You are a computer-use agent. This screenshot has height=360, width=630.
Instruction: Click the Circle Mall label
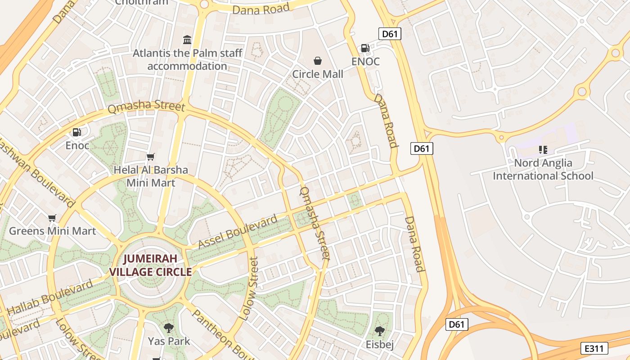click(x=318, y=74)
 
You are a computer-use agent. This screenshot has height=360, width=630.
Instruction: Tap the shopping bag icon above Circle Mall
click(x=318, y=61)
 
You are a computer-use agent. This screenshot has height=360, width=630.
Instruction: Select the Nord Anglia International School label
click(x=543, y=170)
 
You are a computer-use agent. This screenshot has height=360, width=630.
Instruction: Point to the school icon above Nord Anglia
click(x=543, y=150)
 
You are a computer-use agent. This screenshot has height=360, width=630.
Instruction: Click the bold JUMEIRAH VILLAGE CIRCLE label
click(x=151, y=265)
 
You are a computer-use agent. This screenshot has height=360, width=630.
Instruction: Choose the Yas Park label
click(x=169, y=341)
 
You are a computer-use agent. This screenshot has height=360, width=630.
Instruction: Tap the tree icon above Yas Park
click(x=169, y=328)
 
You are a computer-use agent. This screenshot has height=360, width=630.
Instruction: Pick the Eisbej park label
click(x=380, y=345)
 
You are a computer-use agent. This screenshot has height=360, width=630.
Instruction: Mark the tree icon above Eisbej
click(x=380, y=332)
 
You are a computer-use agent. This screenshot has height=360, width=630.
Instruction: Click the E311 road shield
click(x=594, y=348)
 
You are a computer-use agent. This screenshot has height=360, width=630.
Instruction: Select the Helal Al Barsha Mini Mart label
click(x=151, y=176)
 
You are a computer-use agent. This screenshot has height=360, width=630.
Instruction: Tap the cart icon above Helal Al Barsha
click(x=151, y=157)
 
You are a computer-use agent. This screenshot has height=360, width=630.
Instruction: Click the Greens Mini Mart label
click(x=53, y=231)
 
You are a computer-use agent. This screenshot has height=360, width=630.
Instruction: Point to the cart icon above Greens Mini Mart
click(x=52, y=218)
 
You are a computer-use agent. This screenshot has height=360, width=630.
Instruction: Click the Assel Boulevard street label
click(x=238, y=232)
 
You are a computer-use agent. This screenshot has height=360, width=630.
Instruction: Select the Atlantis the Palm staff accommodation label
click(x=187, y=59)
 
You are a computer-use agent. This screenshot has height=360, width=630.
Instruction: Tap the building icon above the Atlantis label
click(x=187, y=40)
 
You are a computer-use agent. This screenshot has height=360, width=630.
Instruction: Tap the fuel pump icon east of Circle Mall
click(x=365, y=48)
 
